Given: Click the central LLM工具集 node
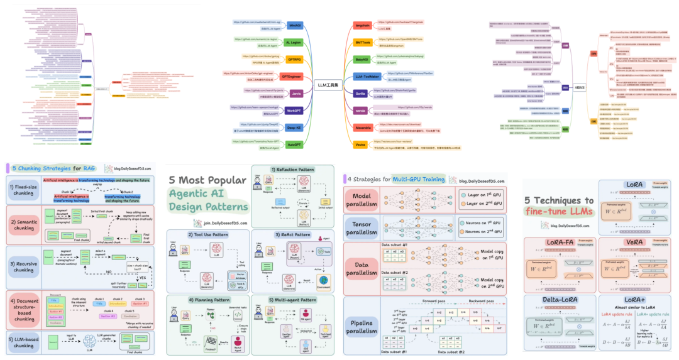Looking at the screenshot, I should [326, 84].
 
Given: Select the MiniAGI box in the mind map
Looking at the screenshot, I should [294, 25].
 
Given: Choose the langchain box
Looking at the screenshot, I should [362, 25].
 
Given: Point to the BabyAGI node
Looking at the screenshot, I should [362, 59].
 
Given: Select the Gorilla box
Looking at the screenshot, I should [360, 93].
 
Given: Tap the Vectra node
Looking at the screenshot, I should [360, 144].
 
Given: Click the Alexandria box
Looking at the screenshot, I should [363, 127].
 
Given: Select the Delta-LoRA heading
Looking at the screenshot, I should [561, 300].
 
